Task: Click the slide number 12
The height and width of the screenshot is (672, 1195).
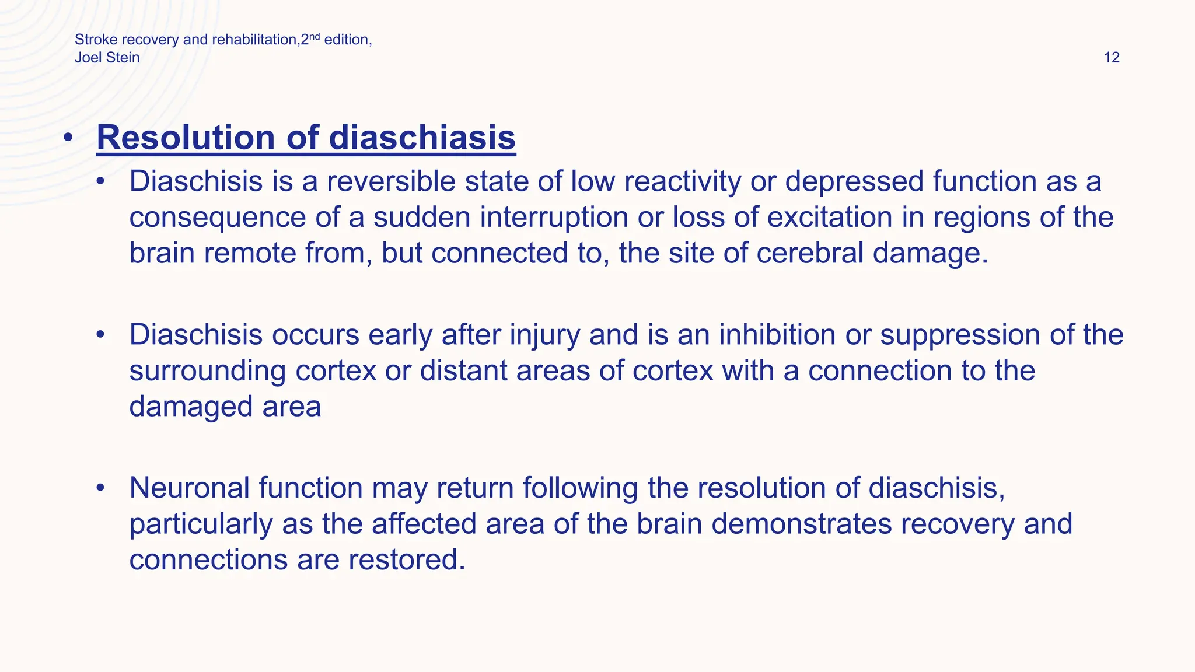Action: click(1112, 58)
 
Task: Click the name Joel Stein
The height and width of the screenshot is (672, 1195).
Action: click(107, 58)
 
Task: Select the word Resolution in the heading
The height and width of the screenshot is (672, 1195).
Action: click(186, 138)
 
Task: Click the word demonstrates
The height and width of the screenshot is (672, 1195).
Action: click(801, 524)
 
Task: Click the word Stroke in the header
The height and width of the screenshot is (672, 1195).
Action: click(96, 40)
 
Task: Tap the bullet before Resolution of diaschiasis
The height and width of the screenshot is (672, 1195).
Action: click(68, 138)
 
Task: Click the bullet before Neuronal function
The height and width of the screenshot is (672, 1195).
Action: click(101, 488)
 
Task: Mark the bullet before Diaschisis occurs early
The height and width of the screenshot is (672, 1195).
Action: click(101, 335)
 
